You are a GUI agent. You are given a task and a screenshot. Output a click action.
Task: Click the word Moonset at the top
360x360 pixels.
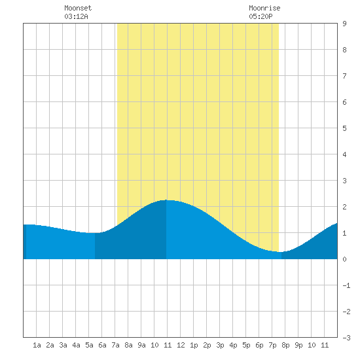pyautogui.click(x=78, y=8)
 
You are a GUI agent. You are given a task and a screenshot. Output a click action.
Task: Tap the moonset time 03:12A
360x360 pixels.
pyautogui.click(x=76, y=16)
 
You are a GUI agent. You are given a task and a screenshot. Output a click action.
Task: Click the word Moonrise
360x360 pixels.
pyautogui.click(x=264, y=8)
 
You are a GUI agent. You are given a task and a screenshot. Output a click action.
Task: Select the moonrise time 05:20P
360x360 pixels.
pyautogui.click(x=261, y=16)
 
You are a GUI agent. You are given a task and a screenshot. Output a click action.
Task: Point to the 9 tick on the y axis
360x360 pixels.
pyautogui.click(x=344, y=24)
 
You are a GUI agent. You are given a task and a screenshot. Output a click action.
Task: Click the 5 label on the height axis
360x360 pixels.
pyautogui.click(x=344, y=128)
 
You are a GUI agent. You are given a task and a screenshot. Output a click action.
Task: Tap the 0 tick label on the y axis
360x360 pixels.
pyautogui.click(x=344, y=259)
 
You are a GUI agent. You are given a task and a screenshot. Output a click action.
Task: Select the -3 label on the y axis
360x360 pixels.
pyautogui.click(x=346, y=338)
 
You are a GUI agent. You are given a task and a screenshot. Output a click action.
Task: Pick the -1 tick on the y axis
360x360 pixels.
pyautogui.click(x=346, y=285)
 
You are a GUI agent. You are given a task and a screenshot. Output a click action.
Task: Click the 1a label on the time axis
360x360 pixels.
pyautogui.click(x=37, y=345)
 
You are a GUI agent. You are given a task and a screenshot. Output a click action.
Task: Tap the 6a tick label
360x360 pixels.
pyautogui.click(x=102, y=345)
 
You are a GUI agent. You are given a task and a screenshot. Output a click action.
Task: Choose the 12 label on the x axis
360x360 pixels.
pyautogui.click(x=181, y=345)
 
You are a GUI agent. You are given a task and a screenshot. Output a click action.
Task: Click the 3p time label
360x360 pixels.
pyautogui.click(x=220, y=345)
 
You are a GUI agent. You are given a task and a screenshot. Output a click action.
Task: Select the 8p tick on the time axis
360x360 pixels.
pyautogui.click(x=285, y=345)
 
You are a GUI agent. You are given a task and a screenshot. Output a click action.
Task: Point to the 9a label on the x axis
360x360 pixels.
pyautogui.click(x=141, y=345)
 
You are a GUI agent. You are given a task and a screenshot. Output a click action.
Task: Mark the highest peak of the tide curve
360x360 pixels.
pyautogui.click(x=166, y=200)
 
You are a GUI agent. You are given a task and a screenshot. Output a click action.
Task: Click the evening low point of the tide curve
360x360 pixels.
pyautogui.click(x=281, y=252)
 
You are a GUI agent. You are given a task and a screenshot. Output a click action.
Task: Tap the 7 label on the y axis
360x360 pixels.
pyautogui.click(x=344, y=76)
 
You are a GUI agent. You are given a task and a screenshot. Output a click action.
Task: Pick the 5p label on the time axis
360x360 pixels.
pyautogui.click(x=246, y=345)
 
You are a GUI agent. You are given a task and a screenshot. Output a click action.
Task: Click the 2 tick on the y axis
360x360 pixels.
pyautogui.click(x=344, y=207)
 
